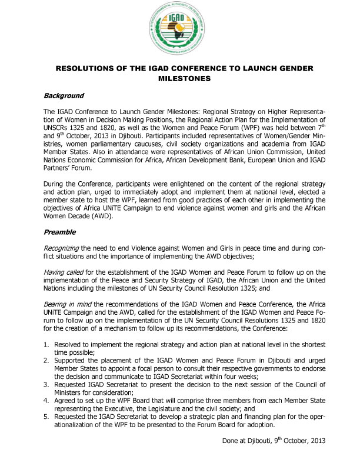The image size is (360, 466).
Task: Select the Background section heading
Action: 64,95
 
